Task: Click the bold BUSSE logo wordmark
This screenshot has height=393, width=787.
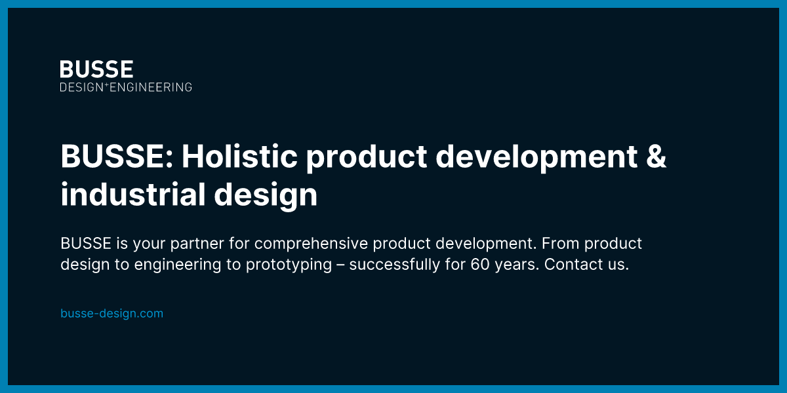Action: tap(96, 69)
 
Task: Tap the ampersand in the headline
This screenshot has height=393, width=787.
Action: tap(656, 157)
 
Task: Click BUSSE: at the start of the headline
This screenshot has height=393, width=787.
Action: tap(116, 157)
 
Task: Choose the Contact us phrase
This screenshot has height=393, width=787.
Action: tap(586, 265)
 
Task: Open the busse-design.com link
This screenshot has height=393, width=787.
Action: tap(111, 314)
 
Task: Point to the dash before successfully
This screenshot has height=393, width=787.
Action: tap(340, 265)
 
